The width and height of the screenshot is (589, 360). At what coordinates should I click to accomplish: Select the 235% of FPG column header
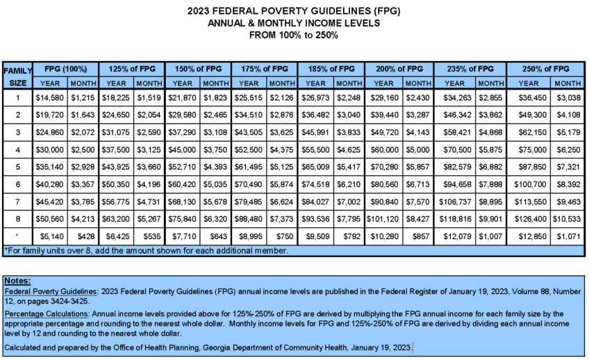pyautogui.click(x=469, y=69)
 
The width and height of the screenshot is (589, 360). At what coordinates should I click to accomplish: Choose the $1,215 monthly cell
pyautogui.click(x=83, y=98)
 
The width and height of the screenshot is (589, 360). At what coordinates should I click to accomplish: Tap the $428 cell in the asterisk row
pyautogui.click(x=83, y=237)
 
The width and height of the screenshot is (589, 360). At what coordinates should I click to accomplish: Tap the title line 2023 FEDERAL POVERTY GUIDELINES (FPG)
pyautogui.click(x=294, y=12)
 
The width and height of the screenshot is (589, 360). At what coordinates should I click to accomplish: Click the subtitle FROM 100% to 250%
pyautogui.click(x=294, y=34)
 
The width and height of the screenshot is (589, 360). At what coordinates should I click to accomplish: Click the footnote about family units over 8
pyautogui.click(x=146, y=249)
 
